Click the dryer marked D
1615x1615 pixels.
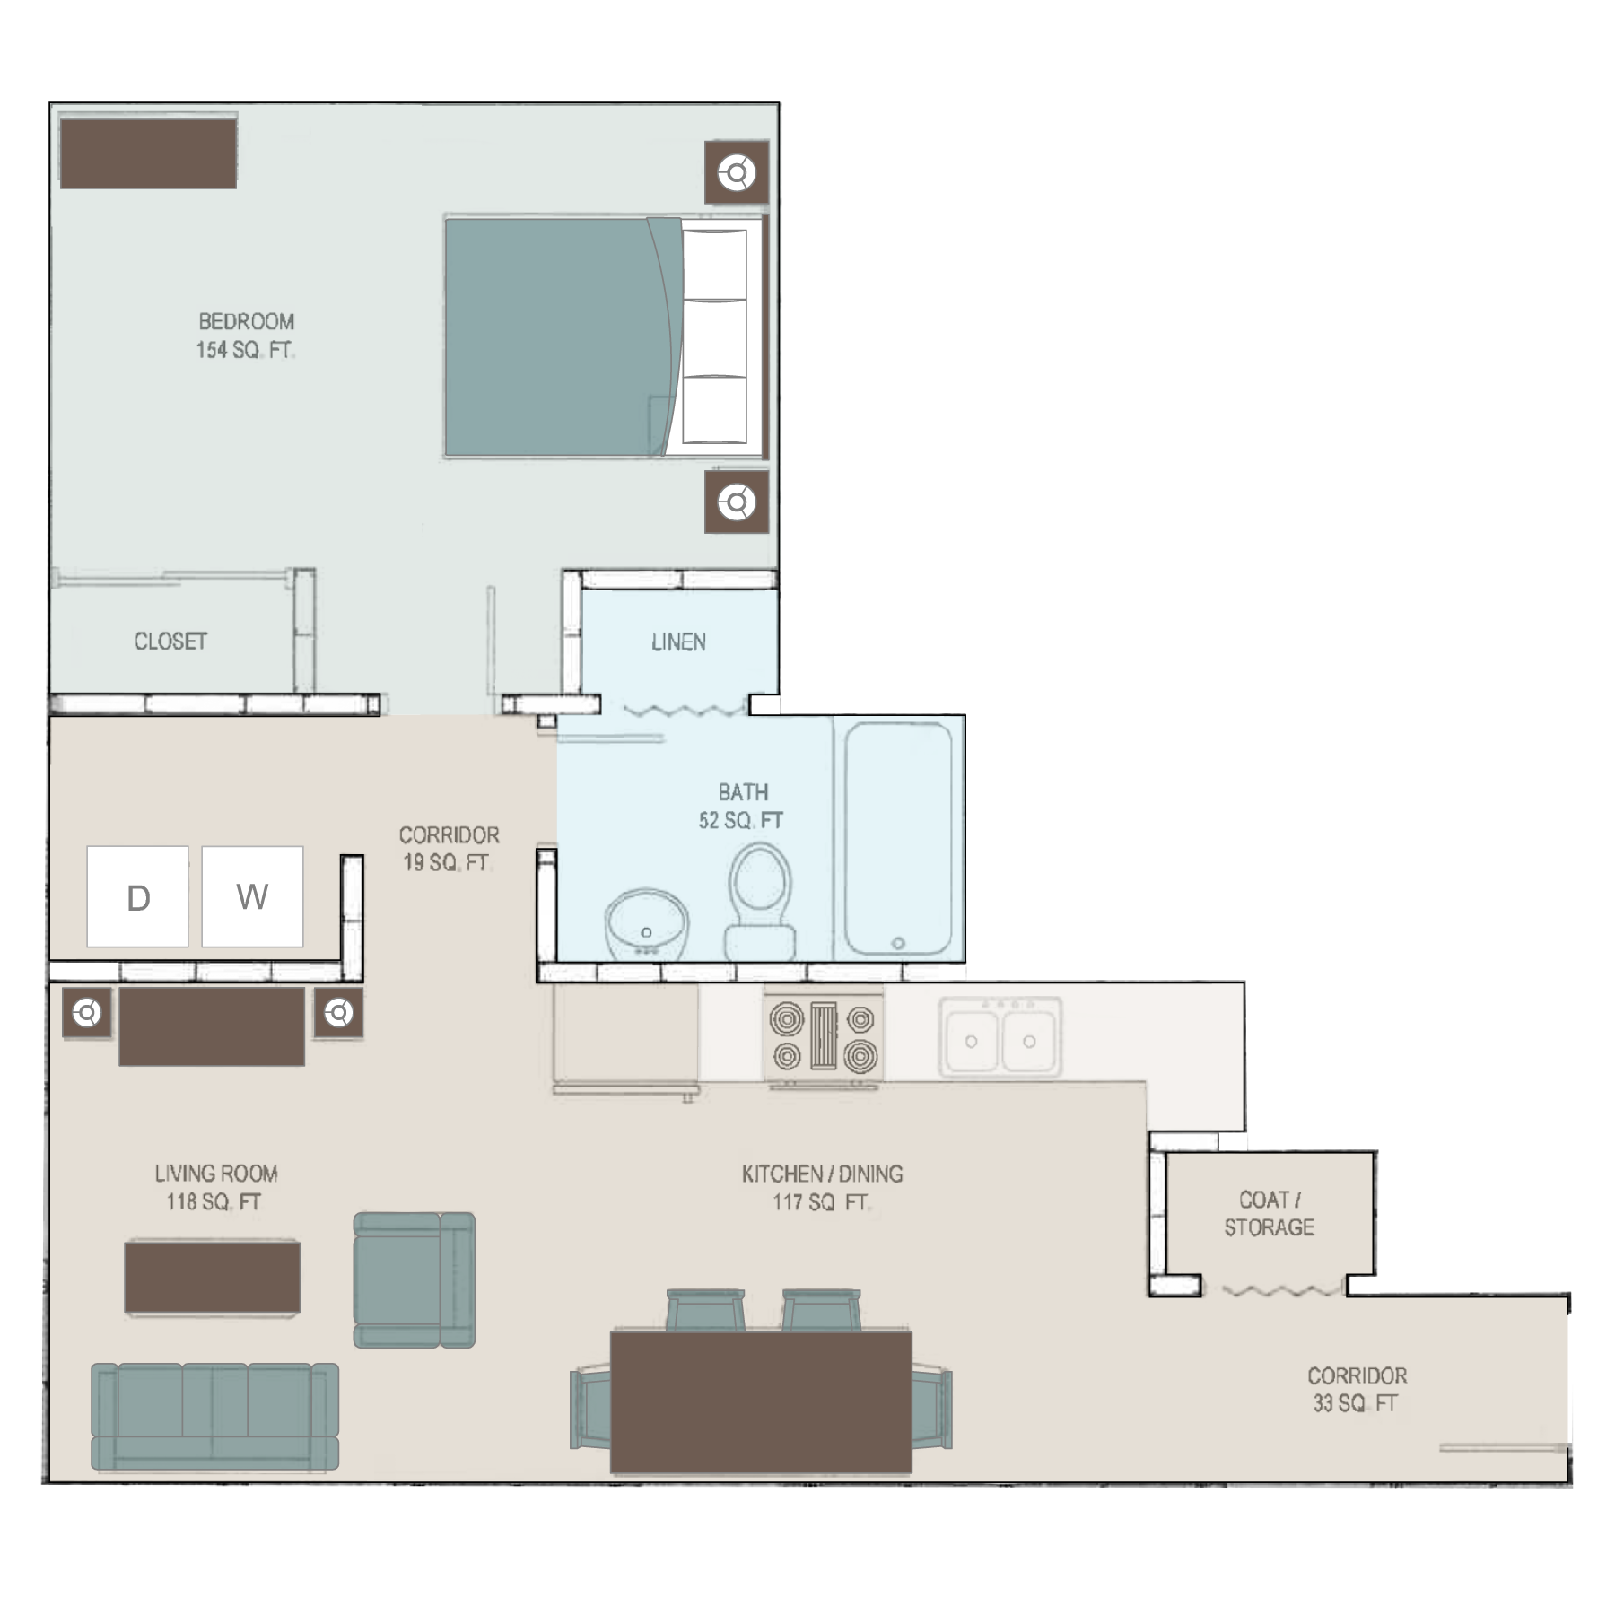(x=137, y=896)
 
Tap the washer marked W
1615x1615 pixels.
(x=252, y=896)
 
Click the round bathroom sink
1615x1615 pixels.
(x=646, y=924)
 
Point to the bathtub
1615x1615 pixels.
(x=898, y=838)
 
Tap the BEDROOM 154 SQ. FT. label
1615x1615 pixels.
(x=246, y=336)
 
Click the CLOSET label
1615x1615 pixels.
(x=170, y=642)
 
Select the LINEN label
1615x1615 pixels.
(x=678, y=642)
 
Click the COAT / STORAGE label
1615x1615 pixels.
(x=1269, y=1213)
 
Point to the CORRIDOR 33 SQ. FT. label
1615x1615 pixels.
(x=1357, y=1389)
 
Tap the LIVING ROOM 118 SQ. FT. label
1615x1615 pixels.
(x=215, y=1187)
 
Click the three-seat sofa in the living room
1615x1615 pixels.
(x=215, y=1417)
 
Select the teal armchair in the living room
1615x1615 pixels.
(x=414, y=1279)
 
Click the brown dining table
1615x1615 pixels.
(x=761, y=1402)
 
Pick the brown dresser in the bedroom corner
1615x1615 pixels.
(x=148, y=153)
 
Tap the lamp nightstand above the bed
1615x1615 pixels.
(x=737, y=172)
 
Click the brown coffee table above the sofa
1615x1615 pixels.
(x=213, y=1277)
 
